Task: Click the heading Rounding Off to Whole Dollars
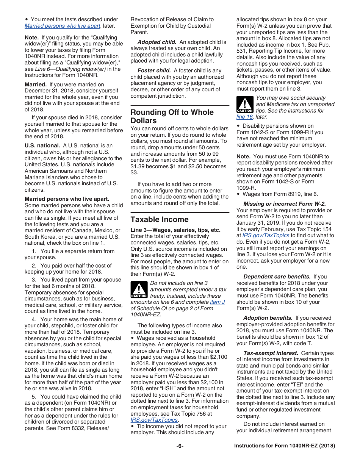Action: (172, 116)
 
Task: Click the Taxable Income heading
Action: (160, 219)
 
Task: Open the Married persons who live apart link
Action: (63, 26)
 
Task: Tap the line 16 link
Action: (244, 117)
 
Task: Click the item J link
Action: (218, 302)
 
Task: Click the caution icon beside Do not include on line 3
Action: (139, 289)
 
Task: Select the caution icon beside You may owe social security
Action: (244, 104)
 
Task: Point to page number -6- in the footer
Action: (180, 446)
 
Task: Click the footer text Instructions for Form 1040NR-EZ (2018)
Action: (285, 446)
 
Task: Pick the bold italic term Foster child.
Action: (154, 70)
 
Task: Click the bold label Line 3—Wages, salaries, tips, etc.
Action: (175, 230)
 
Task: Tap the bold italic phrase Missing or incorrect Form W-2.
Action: (285, 204)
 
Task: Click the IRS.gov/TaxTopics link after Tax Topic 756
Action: (154, 420)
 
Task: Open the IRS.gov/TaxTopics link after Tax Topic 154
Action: (266, 235)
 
